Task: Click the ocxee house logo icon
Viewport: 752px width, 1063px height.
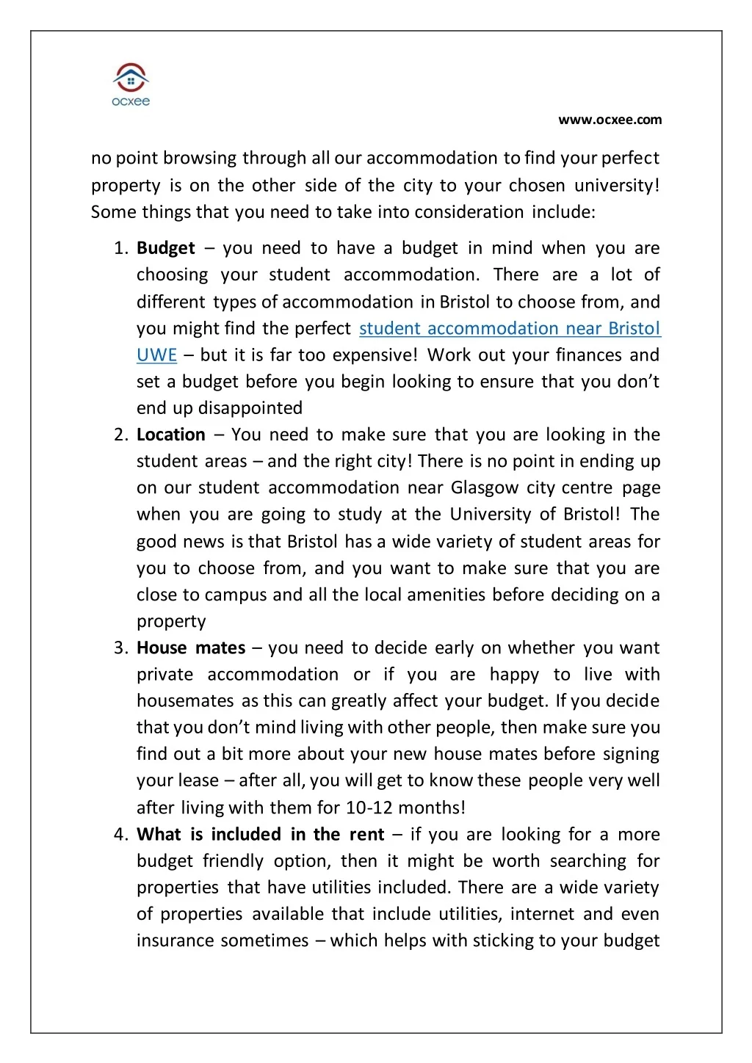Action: [131, 78]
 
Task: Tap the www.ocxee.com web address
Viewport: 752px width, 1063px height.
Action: [610, 120]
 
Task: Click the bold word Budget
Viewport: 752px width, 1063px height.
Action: [166, 248]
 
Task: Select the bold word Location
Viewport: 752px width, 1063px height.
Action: [171, 435]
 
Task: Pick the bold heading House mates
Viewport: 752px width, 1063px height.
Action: [191, 648]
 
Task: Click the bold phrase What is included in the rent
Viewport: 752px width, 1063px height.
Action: [260, 835]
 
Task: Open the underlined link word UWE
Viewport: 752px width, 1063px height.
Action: [156, 355]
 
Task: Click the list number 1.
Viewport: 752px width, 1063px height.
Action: [121, 248]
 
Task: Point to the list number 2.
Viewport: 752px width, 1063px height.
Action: [121, 435]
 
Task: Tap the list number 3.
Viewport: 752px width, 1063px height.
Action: [121, 648]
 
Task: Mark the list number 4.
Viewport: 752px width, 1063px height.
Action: [121, 835]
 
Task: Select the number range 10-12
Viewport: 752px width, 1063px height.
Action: [369, 808]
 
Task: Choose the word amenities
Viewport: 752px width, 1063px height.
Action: [446, 595]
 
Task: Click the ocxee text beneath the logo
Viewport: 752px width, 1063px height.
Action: [131, 102]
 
